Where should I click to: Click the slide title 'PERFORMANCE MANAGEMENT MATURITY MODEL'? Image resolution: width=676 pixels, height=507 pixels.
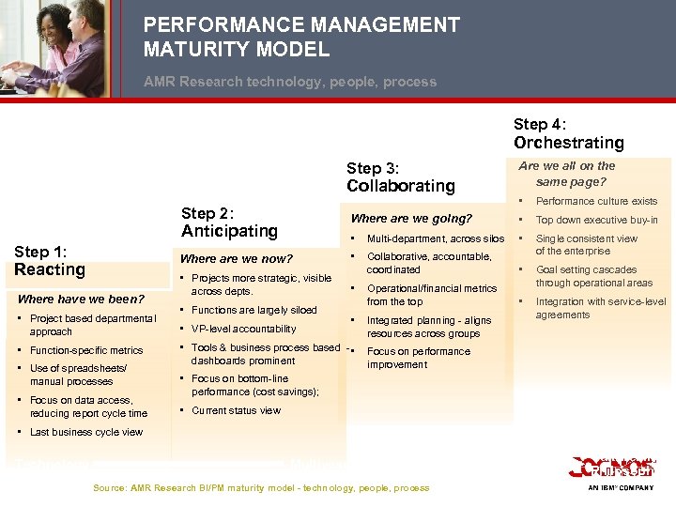click(x=301, y=37)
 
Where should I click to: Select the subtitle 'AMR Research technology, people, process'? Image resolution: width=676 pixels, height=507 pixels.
click(x=290, y=82)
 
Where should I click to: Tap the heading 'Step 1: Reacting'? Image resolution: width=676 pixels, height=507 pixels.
click(x=50, y=260)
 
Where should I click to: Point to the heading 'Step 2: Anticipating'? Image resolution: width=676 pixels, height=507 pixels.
click(x=229, y=222)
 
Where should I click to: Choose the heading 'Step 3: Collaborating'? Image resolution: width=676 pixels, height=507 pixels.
click(x=400, y=177)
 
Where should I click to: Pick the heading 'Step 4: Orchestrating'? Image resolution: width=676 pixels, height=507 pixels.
click(x=568, y=133)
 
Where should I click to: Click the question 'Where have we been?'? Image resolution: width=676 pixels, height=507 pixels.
click(x=81, y=300)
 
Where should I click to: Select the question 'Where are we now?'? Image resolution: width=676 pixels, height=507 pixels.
click(x=236, y=258)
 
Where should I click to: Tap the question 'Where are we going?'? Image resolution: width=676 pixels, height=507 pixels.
click(x=411, y=219)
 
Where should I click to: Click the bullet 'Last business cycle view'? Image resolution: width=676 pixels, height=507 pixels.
click(x=85, y=432)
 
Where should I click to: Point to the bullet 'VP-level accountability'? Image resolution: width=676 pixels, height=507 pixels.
click(x=243, y=329)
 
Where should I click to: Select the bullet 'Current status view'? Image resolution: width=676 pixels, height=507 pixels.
click(x=236, y=410)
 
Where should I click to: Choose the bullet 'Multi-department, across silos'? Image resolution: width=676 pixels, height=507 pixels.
click(x=435, y=238)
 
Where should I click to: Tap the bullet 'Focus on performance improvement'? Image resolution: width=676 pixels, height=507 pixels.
click(x=418, y=358)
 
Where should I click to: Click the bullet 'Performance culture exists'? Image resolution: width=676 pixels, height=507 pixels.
click(x=596, y=201)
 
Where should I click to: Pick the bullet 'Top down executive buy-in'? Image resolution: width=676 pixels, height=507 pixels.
click(x=596, y=220)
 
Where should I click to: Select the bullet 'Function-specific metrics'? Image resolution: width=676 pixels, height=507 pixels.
click(x=86, y=350)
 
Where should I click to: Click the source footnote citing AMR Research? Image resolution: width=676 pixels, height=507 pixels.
click(x=261, y=487)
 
